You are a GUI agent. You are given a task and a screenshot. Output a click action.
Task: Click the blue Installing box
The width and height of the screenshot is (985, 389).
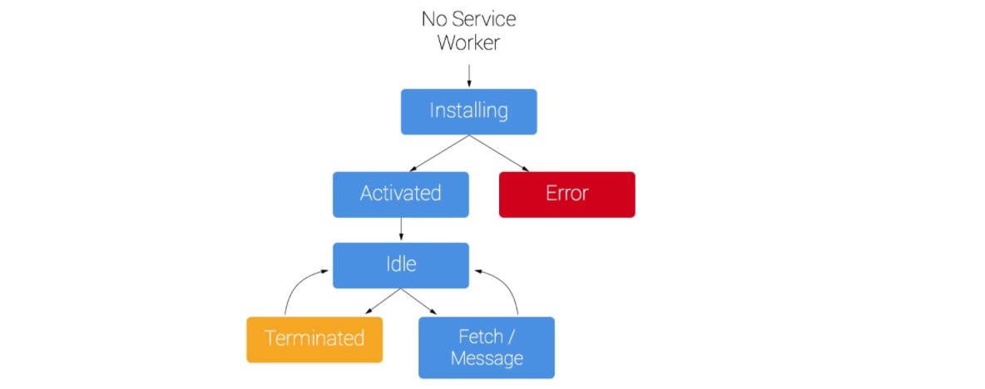[x=468, y=111]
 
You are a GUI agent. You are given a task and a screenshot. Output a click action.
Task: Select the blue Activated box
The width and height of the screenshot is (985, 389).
[x=401, y=194]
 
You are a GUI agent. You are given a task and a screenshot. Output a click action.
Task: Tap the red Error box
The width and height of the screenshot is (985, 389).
[x=567, y=194]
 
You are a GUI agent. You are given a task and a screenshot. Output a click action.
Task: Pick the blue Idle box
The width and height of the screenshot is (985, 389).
[x=401, y=265]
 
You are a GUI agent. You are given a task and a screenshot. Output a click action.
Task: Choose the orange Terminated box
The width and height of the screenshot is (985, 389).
[x=314, y=339]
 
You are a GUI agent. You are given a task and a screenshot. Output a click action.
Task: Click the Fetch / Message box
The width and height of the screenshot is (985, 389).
[x=486, y=347]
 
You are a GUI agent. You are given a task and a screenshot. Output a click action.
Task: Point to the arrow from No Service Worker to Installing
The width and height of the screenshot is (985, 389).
[x=468, y=75]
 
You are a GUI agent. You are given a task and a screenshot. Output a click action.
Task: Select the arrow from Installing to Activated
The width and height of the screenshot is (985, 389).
[x=438, y=152]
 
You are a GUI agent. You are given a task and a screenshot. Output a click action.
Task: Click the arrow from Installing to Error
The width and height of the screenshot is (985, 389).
[x=499, y=152]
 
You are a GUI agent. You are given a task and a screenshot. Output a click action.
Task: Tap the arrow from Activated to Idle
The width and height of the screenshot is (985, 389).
[x=401, y=229]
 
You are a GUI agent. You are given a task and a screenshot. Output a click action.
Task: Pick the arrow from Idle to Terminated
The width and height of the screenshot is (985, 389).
[x=383, y=301]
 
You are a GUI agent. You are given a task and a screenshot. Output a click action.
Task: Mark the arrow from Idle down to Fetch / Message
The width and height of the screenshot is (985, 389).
[x=419, y=301]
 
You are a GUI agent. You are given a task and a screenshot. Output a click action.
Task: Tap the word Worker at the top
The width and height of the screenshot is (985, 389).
[x=468, y=42]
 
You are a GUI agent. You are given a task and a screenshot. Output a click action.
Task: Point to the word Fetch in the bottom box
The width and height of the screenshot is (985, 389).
[x=481, y=337]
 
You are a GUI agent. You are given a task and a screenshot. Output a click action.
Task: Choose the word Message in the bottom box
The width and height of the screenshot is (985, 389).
[x=487, y=358]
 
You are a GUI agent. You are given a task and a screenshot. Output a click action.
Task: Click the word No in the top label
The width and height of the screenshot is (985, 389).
[x=433, y=19]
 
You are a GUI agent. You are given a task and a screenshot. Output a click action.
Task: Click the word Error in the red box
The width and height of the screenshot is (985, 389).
[x=567, y=193]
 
